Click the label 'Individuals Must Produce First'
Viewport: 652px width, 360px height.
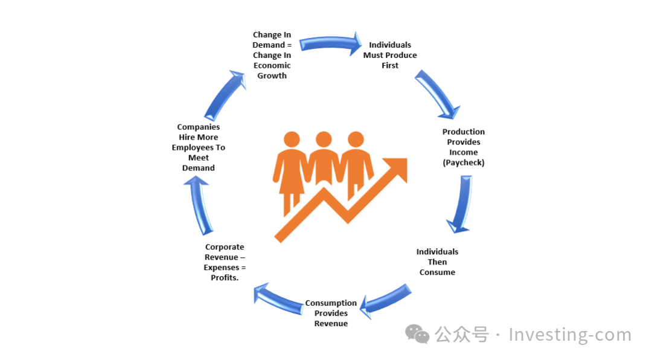click(390, 55)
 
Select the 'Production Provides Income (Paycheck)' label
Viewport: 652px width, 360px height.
click(464, 147)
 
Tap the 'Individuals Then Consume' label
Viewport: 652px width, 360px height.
click(437, 262)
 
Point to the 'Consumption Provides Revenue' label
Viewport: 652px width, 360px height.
click(331, 313)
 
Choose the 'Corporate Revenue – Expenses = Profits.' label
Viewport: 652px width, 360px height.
click(225, 262)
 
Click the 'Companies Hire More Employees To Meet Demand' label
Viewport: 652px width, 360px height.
click(199, 147)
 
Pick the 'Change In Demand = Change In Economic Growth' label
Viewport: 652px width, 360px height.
click(272, 55)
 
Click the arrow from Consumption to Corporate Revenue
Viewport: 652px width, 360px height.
click(278, 300)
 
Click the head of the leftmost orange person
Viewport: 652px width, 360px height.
click(292, 140)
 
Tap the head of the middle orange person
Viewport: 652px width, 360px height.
click(324, 140)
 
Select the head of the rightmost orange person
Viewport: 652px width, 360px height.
click(356, 140)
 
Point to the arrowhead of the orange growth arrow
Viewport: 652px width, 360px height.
click(395, 170)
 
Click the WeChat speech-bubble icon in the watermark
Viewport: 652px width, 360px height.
click(417, 334)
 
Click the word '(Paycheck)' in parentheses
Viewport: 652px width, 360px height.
click(464, 162)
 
